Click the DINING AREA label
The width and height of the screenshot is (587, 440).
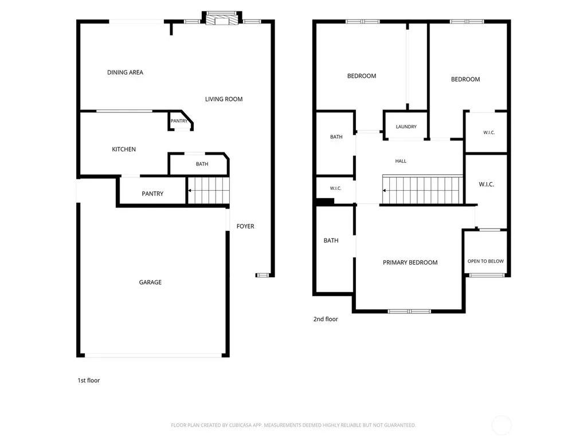125,72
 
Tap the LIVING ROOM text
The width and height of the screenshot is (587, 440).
224,99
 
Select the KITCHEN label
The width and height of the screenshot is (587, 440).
124,150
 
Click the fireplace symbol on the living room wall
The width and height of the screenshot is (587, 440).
222,18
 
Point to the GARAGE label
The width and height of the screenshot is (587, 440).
150,282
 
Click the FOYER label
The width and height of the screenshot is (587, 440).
245,226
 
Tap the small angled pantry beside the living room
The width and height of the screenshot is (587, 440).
180,120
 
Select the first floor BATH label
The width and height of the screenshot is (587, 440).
202,164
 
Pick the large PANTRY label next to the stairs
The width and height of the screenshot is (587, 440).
152,194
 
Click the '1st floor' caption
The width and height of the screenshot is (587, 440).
89,380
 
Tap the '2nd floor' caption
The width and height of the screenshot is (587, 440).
326,319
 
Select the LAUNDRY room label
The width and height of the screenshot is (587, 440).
406,127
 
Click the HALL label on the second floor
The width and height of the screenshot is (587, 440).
401,161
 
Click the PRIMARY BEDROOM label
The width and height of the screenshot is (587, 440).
410,262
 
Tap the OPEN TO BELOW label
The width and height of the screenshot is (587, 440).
486,261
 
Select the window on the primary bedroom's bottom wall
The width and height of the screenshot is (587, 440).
409,311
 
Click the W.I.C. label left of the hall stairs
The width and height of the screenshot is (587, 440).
335,188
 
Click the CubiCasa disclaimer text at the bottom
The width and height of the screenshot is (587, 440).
293,425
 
